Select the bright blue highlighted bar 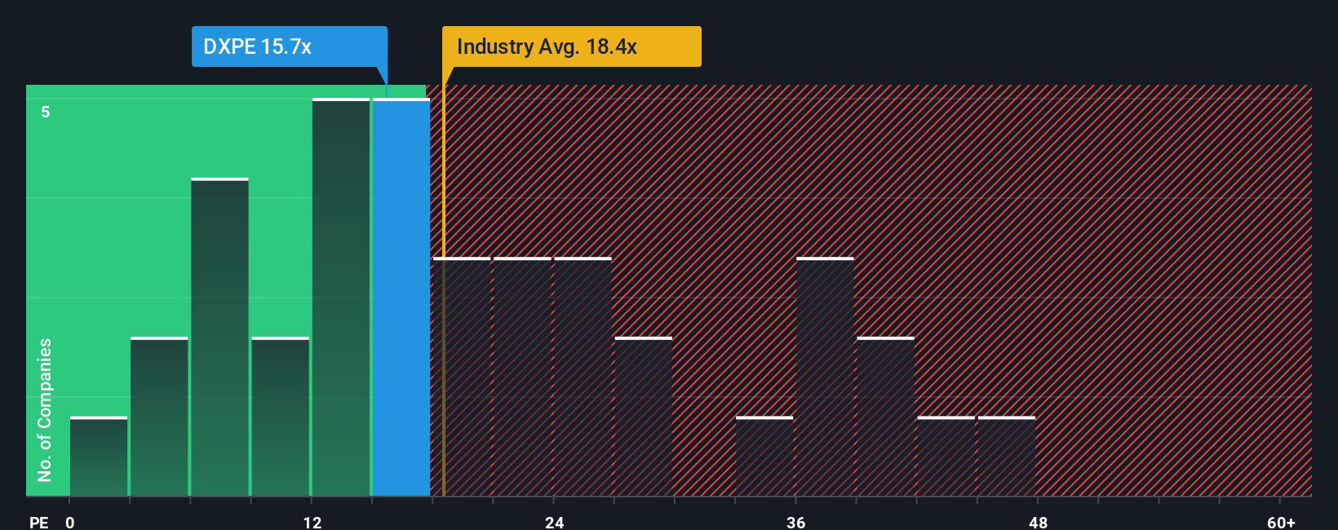point(401,298)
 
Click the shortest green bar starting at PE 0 point(99,457)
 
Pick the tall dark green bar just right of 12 point(341,298)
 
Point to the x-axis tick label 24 point(554,522)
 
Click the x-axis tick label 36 point(795,522)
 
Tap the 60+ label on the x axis point(1281,522)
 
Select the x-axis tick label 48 point(1038,522)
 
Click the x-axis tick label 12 point(312,522)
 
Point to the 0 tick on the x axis point(70,522)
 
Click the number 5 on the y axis point(46,112)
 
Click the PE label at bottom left point(38,522)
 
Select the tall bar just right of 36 point(825,377)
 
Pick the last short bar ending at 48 point(1007,457)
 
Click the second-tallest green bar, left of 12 point(219,338)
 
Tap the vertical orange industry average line point(443,326)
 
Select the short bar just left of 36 point(764,457)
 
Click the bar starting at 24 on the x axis point(583,377)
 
